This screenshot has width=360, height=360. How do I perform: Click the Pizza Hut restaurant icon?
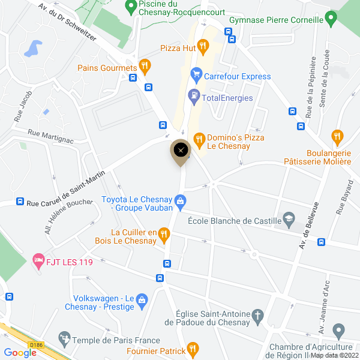(203, 46)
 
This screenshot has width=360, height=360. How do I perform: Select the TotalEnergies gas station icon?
(194, 95)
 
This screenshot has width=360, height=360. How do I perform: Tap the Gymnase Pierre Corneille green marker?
(330, 19)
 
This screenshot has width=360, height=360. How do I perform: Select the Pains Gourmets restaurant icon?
(144, 65)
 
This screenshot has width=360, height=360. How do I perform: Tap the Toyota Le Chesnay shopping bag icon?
(180, 200)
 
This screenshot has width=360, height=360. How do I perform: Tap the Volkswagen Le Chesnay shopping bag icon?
(142, 300)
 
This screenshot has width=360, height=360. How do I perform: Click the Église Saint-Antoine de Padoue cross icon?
(257, 316)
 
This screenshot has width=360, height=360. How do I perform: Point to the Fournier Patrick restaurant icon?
(192, 347)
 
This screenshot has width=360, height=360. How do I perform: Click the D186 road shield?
(37, 345)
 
